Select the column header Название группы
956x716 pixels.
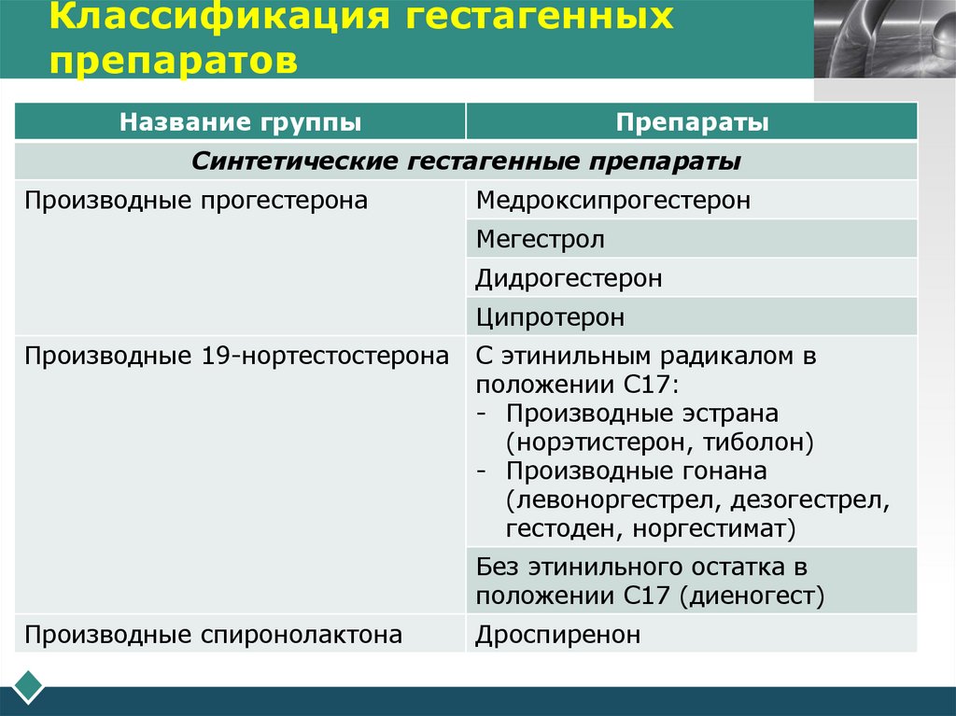240,122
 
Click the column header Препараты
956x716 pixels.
692,122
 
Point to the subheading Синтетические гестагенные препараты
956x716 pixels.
466,161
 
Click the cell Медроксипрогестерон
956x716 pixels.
612,200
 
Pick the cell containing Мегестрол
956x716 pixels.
540,239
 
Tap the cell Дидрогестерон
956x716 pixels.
569,278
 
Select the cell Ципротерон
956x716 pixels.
550,317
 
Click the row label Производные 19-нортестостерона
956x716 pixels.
237,357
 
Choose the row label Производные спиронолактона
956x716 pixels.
214,635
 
